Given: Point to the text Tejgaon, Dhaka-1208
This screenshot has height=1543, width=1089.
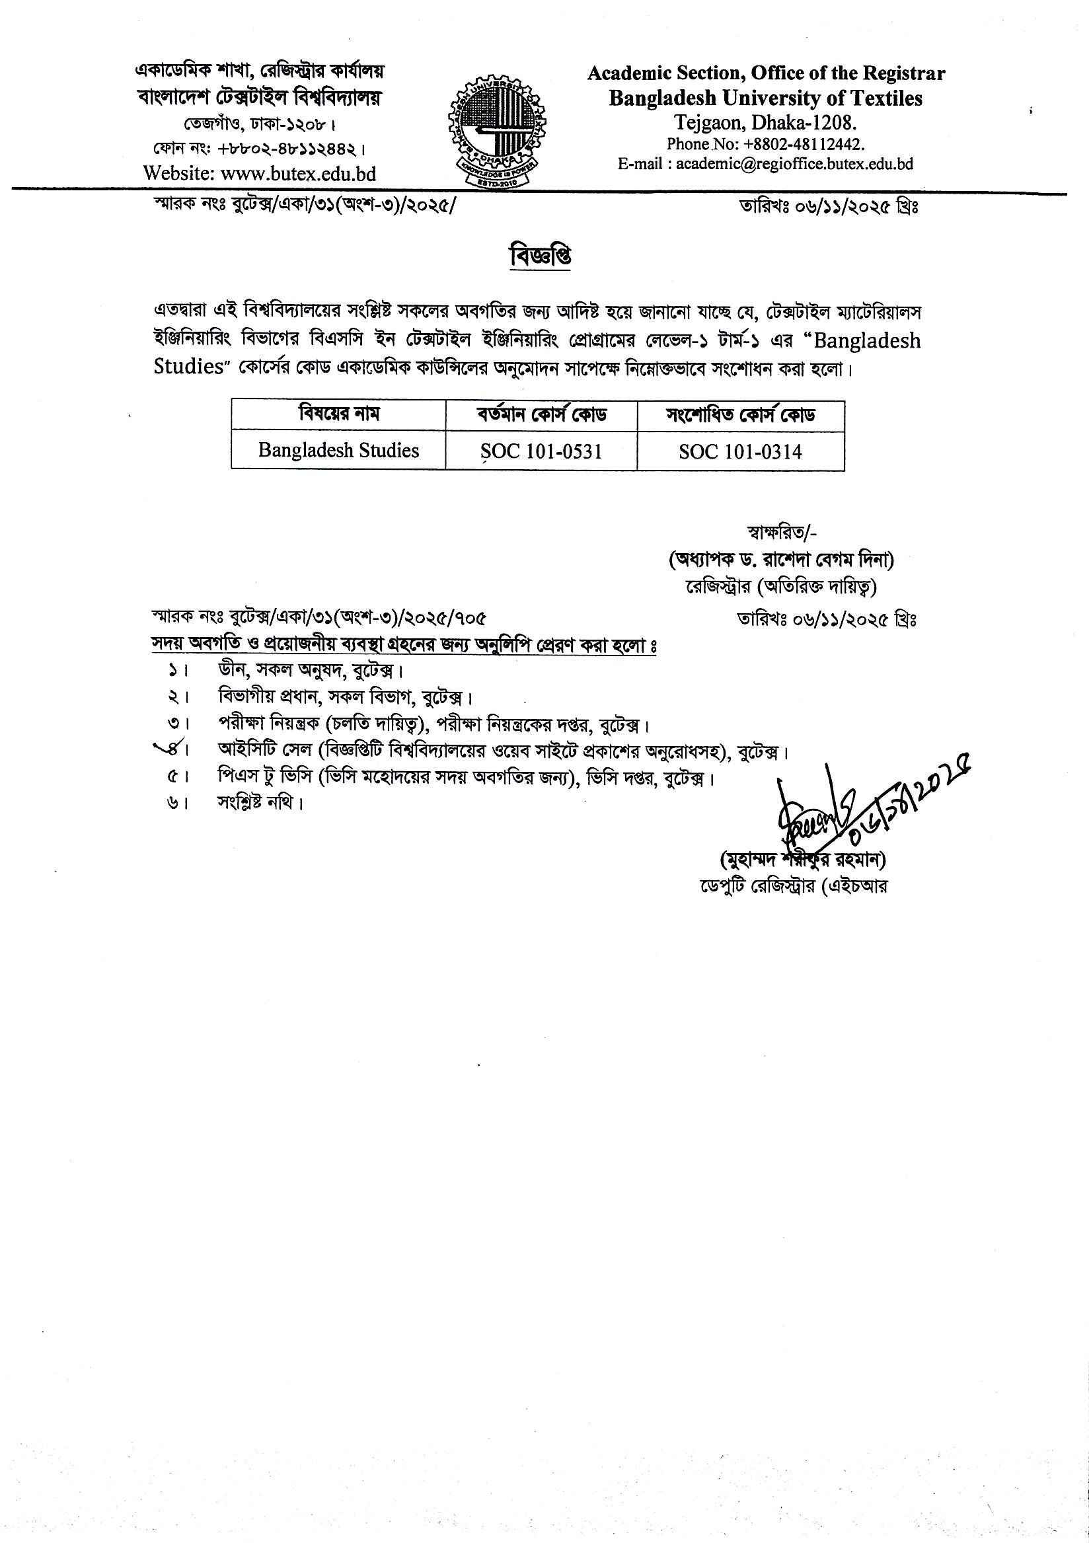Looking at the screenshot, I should [766, 123].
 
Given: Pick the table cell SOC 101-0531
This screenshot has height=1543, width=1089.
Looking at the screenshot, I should [541, 451].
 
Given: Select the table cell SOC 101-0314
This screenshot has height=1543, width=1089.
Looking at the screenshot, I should [740, 451].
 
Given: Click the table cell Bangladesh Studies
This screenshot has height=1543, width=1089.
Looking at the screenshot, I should [338, 449].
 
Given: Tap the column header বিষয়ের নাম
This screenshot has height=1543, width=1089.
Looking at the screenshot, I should [338, 414].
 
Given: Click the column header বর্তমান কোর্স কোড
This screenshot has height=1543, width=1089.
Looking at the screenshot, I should [541, 415].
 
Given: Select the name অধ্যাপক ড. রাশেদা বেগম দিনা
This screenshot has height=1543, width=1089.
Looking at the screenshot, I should [780, 558].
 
